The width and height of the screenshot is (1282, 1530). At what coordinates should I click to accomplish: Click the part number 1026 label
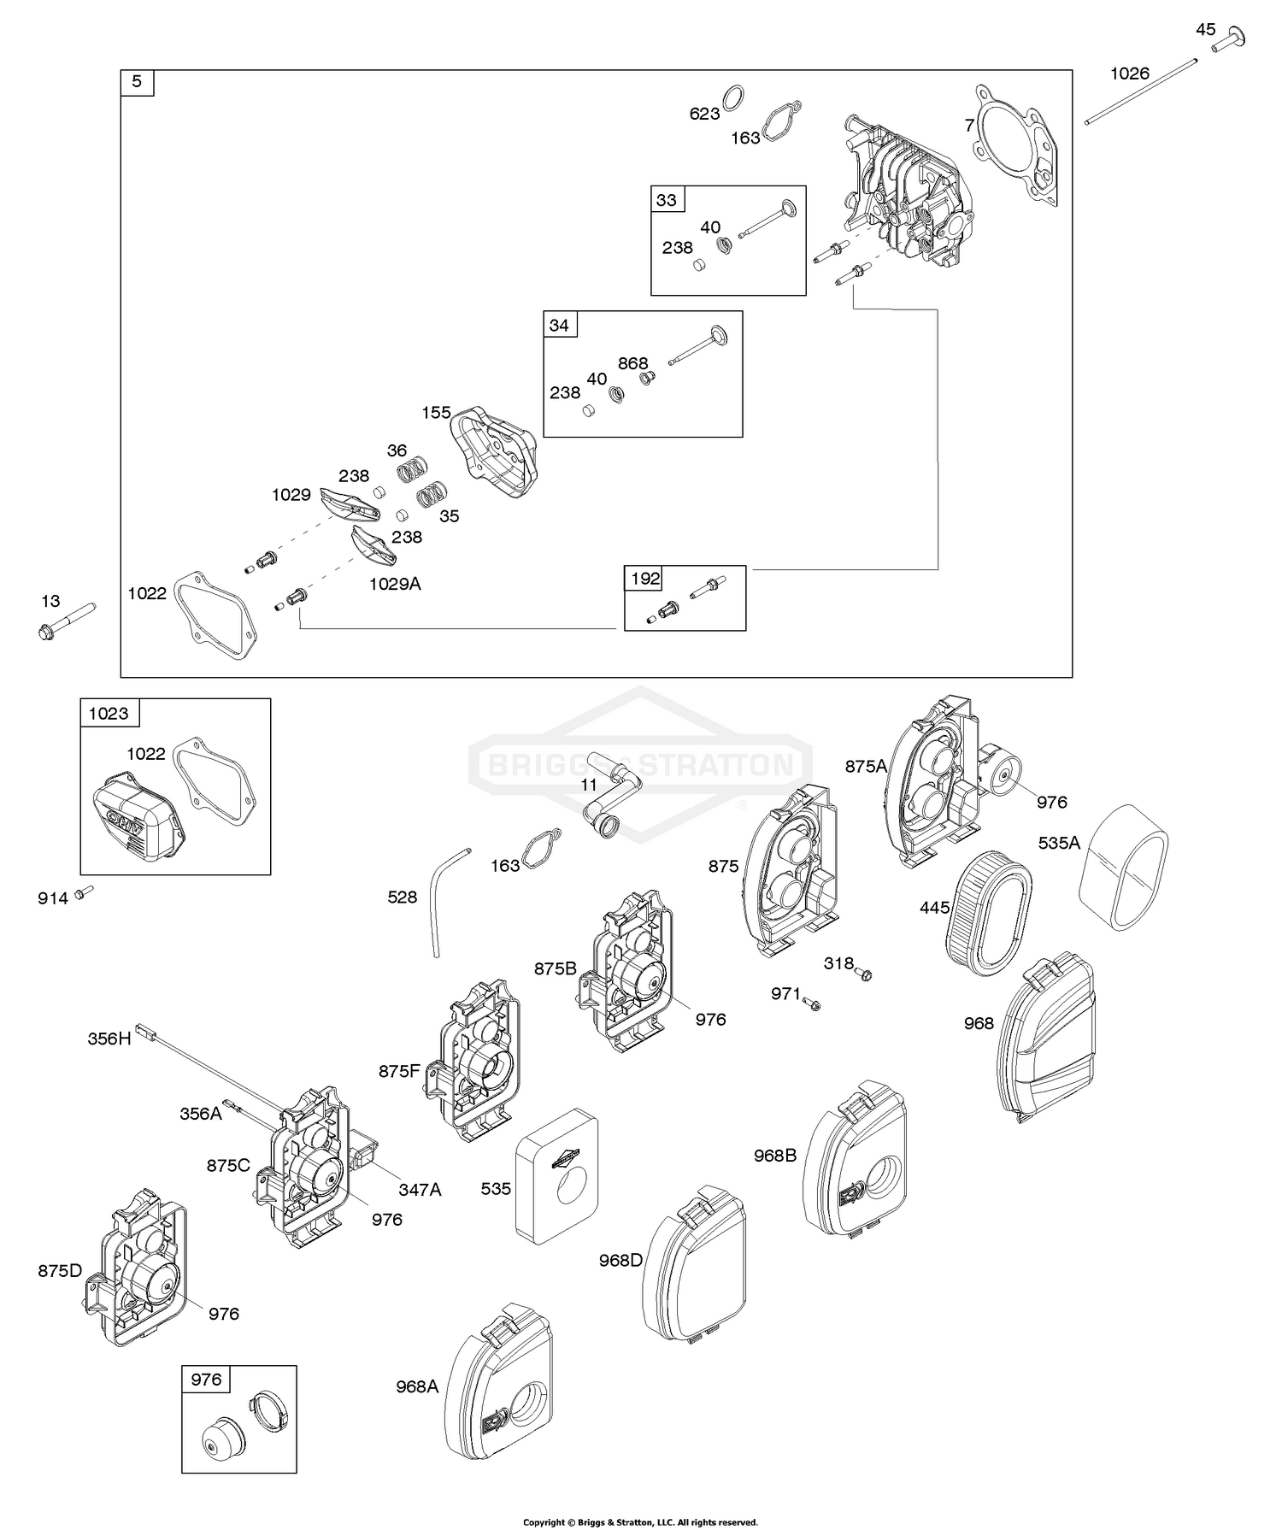click(x=1129, y=74)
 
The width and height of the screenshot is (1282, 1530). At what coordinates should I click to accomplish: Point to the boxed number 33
click(x=666, y=200)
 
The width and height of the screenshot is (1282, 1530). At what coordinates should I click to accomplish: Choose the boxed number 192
click(x=645, y=579)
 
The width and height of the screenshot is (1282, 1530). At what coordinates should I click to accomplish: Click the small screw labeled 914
click(x=83, y=892)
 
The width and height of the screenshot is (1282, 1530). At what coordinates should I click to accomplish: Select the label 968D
click(x=620, y=1260)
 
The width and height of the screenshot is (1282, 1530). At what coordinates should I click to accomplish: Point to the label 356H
click(x=109, y=1039)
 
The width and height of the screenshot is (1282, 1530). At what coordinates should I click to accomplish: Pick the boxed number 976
click(x=205, y=1380)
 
